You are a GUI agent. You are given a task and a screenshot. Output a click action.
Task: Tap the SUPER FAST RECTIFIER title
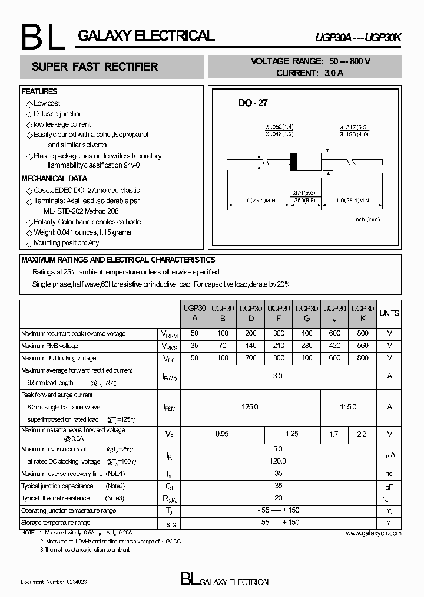(95, 67)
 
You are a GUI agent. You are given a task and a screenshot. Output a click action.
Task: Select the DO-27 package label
(253, 103)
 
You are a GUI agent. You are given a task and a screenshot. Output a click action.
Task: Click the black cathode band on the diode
(293, 162)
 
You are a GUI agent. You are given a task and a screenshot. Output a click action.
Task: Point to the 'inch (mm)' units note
(366, 219)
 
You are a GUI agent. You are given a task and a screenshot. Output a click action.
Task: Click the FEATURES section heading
(39, 92)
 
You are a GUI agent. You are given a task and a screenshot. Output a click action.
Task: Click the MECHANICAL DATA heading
(54, 178)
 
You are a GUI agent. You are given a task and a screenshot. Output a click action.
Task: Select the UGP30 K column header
(363, 313)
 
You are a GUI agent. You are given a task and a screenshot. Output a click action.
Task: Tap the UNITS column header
(389, 313)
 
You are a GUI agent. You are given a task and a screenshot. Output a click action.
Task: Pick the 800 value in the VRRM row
(363, 333)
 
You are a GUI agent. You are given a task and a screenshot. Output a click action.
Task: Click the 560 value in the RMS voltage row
(363, 346)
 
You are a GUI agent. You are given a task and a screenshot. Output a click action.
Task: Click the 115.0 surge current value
(349, 406)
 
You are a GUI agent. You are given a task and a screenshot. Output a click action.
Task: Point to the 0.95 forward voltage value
(222, 434)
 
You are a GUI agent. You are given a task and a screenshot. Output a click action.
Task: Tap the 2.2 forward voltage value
(362, 434)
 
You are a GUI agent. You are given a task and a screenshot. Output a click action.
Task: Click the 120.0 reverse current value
(278, 461)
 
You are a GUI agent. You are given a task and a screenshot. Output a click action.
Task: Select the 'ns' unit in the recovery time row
(389, 474)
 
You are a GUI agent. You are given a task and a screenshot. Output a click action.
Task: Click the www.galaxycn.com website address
(373, 533)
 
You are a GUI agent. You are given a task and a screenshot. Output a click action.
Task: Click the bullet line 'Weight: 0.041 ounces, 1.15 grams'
(82, 232)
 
